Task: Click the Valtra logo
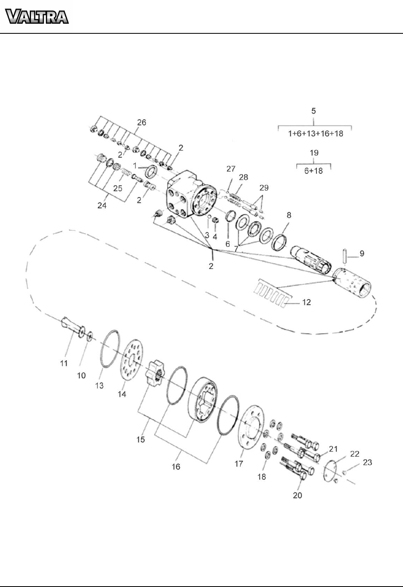[x=37, y=16]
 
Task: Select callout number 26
[x=142, y=122]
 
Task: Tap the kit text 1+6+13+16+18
[x=316, y=133]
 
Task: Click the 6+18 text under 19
[x=314, y=171]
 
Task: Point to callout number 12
[x=306, y=302]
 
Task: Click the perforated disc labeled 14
[x=132, y=359]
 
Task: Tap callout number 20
[x=297, y=495]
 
